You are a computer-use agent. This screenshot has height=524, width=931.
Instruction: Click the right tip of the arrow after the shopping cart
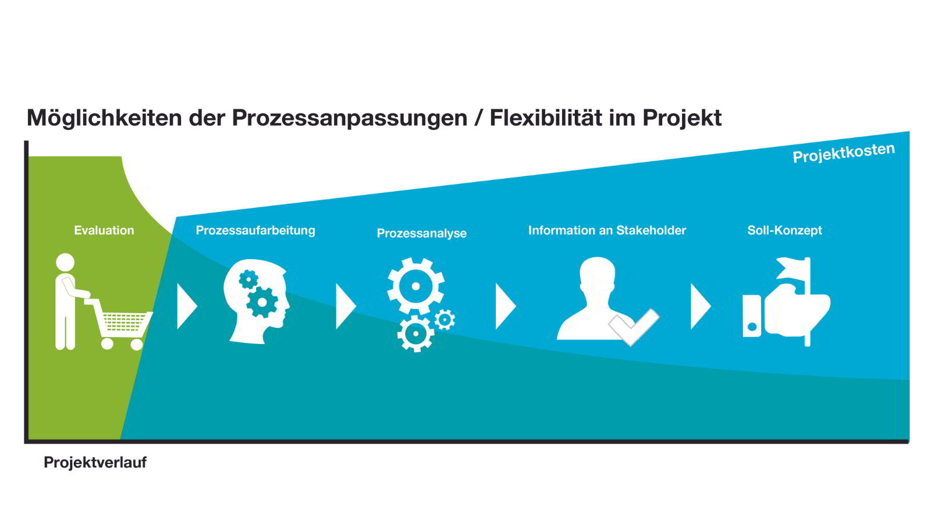pos(197,306)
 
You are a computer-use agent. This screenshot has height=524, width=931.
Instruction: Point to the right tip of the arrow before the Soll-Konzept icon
pos(711,306)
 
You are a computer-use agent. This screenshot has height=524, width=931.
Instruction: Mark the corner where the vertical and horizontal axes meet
pos(26,441)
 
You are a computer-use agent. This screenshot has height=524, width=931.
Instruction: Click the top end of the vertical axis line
pos(26,141)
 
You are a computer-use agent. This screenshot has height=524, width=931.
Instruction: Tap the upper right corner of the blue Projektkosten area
pos(909,132)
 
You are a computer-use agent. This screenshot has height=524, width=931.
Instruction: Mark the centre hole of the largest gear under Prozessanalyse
pos(415,286)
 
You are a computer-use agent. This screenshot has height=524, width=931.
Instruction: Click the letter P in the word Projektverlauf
pos(48,462)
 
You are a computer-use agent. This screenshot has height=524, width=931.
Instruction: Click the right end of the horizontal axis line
pos(908,441)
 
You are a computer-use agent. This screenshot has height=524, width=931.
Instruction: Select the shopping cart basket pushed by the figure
pos(123,323)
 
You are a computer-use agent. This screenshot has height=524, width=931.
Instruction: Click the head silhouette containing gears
pos(257,302)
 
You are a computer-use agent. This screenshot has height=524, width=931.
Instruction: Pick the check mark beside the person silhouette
pos(634,327)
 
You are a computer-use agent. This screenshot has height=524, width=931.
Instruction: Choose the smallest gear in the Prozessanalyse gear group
pos(445,320)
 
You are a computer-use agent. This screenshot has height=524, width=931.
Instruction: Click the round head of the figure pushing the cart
pos(65,263)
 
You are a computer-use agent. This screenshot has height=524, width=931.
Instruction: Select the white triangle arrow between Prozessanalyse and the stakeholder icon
pos(506,306)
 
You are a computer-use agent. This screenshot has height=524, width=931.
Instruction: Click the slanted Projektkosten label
pos(844,153)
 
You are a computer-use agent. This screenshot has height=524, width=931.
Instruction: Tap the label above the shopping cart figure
pos(104,231)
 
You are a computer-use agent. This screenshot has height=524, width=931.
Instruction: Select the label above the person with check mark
pos(607,231)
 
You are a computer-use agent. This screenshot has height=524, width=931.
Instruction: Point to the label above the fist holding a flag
pos(784,231)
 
